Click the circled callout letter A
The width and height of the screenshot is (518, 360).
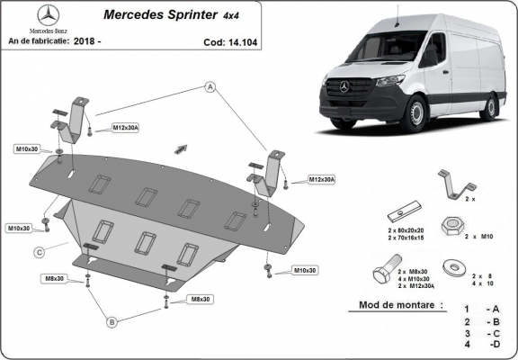click(x=210, y=87)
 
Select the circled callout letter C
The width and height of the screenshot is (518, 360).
click(x=40, y=253)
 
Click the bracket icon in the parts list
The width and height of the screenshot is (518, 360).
click(x=452, y=183)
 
